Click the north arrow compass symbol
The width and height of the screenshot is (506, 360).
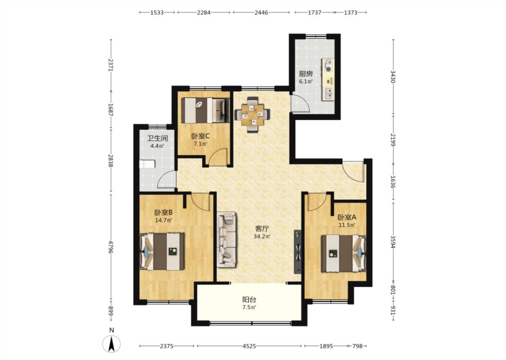click(x=112, y=344)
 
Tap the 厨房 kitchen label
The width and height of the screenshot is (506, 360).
click(x=305, y=74)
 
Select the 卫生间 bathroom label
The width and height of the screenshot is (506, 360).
click(x=157, y=139)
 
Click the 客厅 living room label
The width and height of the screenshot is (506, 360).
click(x=262, y=229)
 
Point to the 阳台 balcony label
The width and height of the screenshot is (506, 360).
click(x=249, y=299)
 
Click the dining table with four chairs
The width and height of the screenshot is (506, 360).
click(x=252, y=115)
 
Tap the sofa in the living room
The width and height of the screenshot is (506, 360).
click(x=227, y=239)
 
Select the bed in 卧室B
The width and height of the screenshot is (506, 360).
click(x=162, y=252)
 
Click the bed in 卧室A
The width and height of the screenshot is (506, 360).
click(x=343, y=253)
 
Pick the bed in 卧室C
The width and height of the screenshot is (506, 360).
click(x=206, y=110)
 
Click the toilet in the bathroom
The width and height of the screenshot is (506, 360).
click(x=147, y=164)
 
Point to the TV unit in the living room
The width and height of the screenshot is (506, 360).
click(x=298, y=252)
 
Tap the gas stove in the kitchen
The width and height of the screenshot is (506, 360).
click(x=328, y=66)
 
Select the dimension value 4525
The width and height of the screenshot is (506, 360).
click(x=249, y=346)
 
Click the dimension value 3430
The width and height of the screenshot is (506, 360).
click(x=393, y=76)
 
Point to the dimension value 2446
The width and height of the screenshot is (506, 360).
click(x=261, y=13)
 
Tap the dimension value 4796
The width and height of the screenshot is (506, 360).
click(x=111, y=247)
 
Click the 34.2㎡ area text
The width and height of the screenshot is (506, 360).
click(x=262, y=236)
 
